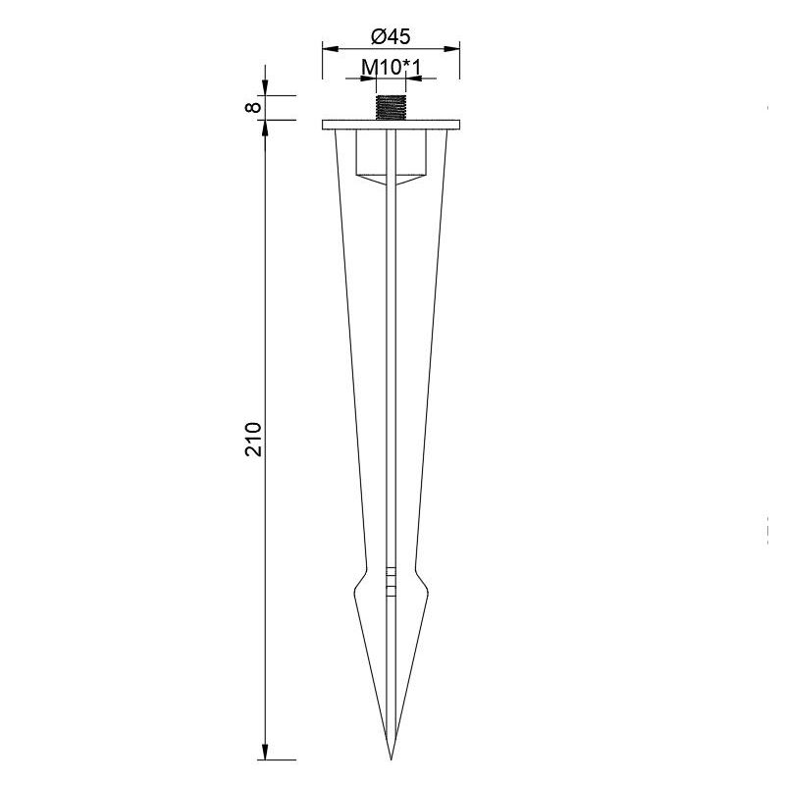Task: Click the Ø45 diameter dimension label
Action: click(391, 36)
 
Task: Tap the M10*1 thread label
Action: click(391, 67)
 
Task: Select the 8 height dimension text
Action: click(254, 107)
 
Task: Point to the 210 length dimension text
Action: click(254, 439)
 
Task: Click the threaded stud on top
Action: click(391, 108)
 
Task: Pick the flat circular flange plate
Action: click(391, 125)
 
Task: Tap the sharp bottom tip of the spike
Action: click(391, 759)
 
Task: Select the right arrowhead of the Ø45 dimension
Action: click(452, 48)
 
